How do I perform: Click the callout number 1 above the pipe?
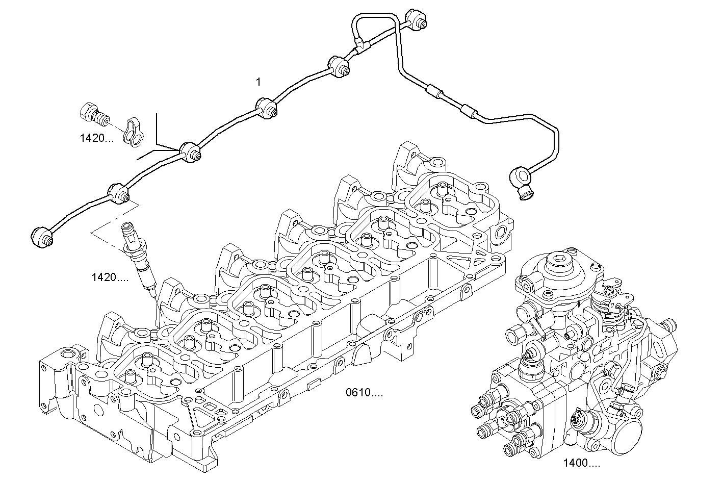coord(259,81)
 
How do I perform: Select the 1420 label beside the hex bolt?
coord(96,138)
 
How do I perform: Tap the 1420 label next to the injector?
coord(110,277)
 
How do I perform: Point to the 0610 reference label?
coord(364,393)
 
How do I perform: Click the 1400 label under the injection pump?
coord(581,463)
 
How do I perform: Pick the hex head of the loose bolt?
coord(87,112)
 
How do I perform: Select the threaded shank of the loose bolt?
coord(101,119)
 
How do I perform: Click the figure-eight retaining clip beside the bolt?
coord(134,132)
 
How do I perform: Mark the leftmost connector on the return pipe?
coord(41,237)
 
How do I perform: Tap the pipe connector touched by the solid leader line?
coord(190,151)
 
